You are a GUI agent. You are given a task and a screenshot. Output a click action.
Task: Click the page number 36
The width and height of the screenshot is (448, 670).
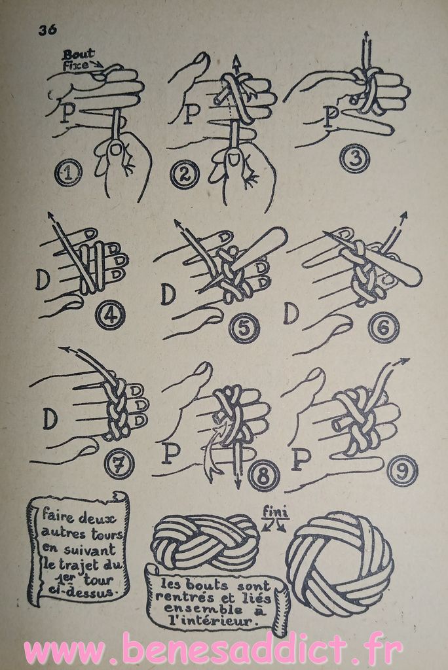click(x=47, y=30)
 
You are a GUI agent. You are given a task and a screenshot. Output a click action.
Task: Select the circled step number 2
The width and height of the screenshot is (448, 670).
click(x=185, y=175)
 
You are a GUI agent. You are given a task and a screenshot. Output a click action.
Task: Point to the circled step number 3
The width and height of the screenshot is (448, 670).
click(x=354, y=159)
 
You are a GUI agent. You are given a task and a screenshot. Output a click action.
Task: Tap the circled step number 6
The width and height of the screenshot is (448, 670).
click(x=383, y=327)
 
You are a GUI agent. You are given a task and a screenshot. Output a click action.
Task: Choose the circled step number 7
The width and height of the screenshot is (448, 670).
click(x=119, y=463)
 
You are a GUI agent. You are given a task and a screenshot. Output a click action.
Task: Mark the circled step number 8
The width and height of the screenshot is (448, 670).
click(x=265, y=475)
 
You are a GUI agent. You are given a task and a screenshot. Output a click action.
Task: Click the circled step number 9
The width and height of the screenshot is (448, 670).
click(x=403, y=471)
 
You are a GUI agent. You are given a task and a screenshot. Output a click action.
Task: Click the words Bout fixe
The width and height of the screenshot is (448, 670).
click(x=79, y=60)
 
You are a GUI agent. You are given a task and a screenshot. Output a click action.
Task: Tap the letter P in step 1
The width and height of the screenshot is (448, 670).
click(x=65, y=113)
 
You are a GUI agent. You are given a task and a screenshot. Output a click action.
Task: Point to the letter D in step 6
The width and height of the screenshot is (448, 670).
click(x=291, y=313)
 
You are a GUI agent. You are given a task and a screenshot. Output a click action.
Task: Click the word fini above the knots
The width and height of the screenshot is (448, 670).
click(x=275, y=511)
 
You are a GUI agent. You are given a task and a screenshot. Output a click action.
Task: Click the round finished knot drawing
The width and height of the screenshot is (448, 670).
click(x=339, y=563)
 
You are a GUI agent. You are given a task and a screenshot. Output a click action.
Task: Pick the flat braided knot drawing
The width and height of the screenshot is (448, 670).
click(x=206, y=541)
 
